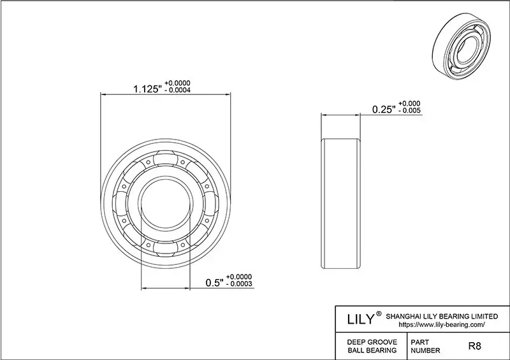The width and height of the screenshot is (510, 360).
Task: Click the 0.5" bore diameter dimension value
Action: (x=215, y=282)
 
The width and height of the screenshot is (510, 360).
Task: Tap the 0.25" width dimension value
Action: (x=383, y=109)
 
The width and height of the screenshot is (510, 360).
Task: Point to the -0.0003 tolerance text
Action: (x=242, y=285)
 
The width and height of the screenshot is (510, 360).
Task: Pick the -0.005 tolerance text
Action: (x=409, y=111)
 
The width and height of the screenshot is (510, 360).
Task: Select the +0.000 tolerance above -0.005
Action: (x=409, y=103)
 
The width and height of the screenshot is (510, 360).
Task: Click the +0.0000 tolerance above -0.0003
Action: (x=242, y=277)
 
